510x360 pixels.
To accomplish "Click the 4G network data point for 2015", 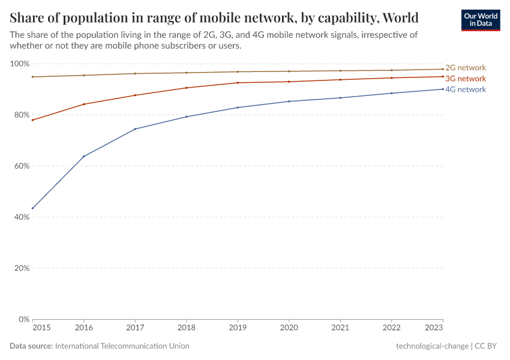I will pos(32,208).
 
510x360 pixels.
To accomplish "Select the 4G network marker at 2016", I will pos(84,156).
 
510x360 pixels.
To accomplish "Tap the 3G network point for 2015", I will pos(32,120).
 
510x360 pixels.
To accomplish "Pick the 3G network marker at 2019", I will pos(238,83).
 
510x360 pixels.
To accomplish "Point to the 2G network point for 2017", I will pos(135,73).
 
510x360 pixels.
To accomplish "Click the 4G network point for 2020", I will pos(289,101).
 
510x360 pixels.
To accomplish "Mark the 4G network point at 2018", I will pos(187,116).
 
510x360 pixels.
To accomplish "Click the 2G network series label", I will pos(466,68).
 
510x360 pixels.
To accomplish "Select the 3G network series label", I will pos(466,79).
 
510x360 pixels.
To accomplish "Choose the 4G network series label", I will pos(466,89).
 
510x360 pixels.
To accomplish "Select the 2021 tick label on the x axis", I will pos(340,328).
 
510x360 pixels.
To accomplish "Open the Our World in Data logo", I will pos(480,20).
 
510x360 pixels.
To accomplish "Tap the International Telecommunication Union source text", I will pos(122,346).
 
